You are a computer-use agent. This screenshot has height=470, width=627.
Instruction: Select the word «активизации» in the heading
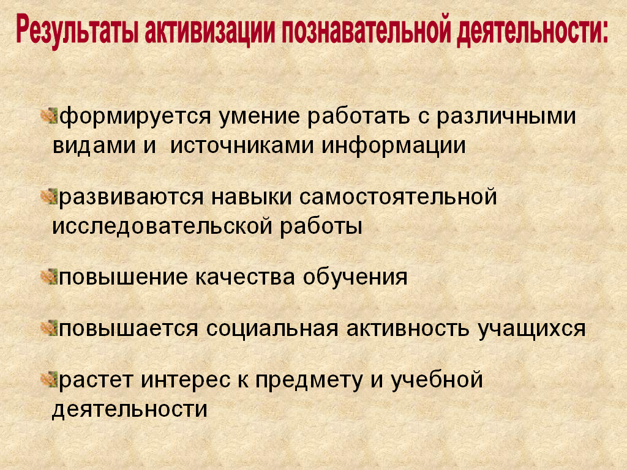[210, 29]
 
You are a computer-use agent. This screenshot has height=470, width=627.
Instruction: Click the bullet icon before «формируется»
[50, 116]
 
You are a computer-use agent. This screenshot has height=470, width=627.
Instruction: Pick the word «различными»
[506, 117]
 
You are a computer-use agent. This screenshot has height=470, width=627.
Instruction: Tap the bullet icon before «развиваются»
[50, 197]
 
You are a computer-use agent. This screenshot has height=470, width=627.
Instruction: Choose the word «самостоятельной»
[398, 197]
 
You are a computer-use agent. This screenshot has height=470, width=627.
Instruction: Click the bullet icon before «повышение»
[50, 277]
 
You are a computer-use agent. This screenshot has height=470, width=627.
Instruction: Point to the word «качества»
[245, 278]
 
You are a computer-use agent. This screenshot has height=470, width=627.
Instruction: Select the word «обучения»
[355, 277]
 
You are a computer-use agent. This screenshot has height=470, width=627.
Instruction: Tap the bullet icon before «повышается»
[50, 328]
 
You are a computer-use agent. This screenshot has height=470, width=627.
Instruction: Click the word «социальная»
[272, 329]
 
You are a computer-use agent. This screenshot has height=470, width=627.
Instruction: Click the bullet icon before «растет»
[50, 379]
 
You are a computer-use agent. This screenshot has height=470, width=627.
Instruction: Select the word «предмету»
[309, 380]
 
